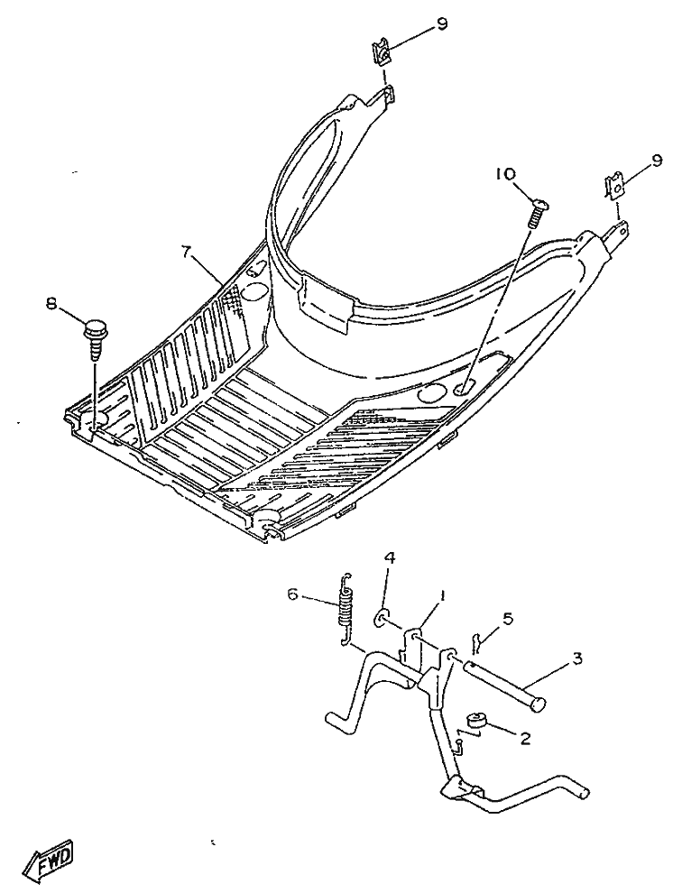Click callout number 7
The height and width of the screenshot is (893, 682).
coord(186,253)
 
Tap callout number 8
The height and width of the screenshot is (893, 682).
coord(51,306)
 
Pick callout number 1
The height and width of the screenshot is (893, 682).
coord(443,598)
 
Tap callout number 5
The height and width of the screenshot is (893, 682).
coord(507,619)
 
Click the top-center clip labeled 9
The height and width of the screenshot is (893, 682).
coord(383,54)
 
